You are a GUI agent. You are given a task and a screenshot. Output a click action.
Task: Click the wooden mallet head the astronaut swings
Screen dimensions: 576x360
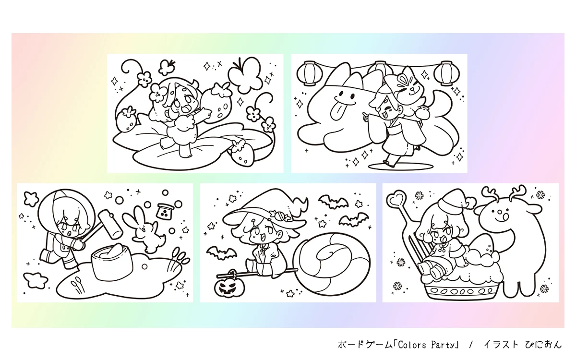click(x=110, y=224)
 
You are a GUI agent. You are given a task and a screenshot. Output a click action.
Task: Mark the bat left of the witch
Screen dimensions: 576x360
click(x=221, y=253)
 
